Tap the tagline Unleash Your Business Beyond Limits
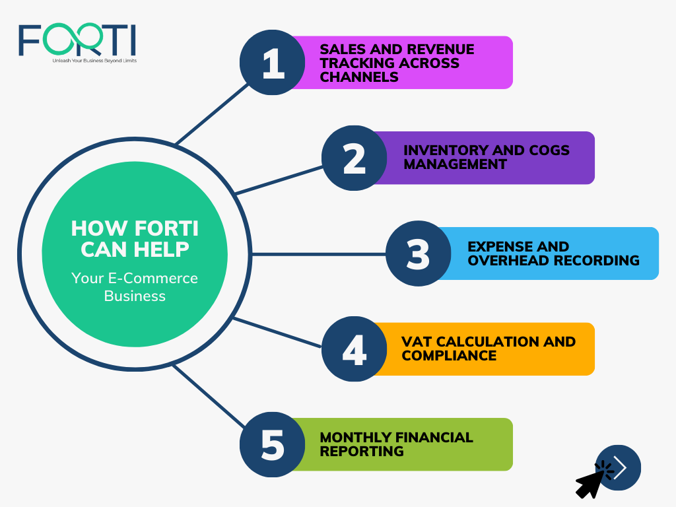[x=94, y=61]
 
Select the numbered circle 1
[x=273, y=63]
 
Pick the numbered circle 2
[x=355, y=158]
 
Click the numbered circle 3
[x=418, y=253]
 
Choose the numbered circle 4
[x=355, y=349]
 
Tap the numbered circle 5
[x=273, y=444]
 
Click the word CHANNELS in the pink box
[x=359, y=77]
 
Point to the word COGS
[x=549, y=150]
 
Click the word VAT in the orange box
[x=417, y=341]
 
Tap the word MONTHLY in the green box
[x=356, y=437]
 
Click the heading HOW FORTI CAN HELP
[x=135, y=238]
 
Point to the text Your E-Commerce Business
[x=135, y=287]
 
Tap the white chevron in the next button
[x=621, y=468]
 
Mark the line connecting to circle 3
[x=319, y=254]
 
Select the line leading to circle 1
[x=212, y=114]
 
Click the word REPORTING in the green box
[x=362, y=452]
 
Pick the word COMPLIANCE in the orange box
[x=449, y=356]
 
